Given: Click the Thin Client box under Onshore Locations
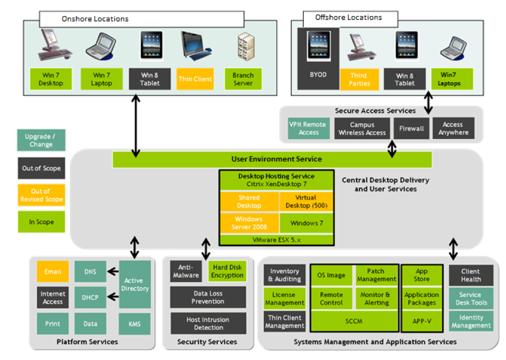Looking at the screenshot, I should tap(195, 79).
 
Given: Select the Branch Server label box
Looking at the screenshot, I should tap(243, 79).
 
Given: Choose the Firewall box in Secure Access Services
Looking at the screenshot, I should tap(411, 128).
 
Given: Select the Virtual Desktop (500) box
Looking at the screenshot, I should tap(306, 202).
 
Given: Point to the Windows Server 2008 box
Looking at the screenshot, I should tap(248, 223).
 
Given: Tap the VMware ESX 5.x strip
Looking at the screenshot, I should tap(276, 240).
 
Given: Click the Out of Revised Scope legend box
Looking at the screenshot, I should tap(41, 195).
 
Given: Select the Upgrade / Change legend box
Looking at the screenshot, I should tap(41, 140).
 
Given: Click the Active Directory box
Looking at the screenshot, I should tap(135, 284).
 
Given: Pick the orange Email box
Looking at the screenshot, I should tap(52, 272).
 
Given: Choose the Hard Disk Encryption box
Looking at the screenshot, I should tap(227, 272).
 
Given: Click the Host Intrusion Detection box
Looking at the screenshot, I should tap(208, 323).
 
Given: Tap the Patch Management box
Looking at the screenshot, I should tap(376, 275).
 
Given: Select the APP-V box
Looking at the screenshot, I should tap(421, 320).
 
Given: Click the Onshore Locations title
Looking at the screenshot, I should tap(95, 19).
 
